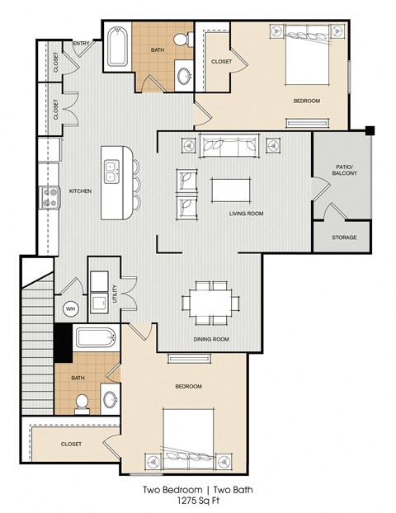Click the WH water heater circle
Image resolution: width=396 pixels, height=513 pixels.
[x=69, y=308]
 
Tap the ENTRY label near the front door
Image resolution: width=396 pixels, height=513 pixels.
[x=82, y=43]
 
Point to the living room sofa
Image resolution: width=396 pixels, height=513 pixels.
[x=229, y=146]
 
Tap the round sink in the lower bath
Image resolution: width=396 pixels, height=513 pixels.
[x=111, y=401]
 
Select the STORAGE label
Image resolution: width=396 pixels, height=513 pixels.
[x=344, y=238]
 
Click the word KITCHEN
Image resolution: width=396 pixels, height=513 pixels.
[x=79, y=191]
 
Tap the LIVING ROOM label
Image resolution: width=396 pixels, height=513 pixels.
[x=246, y=213]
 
